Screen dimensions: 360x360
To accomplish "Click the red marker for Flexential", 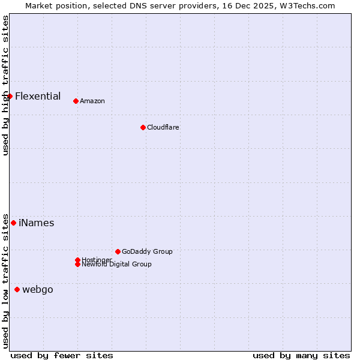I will click(10, 96).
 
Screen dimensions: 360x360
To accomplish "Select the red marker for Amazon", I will click(76, 101).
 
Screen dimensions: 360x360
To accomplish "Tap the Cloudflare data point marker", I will click(143, 127).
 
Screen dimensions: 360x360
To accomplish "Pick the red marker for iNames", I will click(13, 223).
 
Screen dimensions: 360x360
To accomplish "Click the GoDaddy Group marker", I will click(118, 251).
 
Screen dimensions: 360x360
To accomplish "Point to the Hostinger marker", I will click(77, 260).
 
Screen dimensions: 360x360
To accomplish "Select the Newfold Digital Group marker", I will click(77, 264).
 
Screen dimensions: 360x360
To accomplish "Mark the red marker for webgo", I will click(17, 289).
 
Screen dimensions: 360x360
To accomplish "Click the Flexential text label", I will click(38, 96).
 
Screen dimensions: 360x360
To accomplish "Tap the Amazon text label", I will click(92, 101).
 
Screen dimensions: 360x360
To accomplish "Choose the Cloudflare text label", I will click(163, 127).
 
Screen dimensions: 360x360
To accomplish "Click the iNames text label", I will click(37, 223).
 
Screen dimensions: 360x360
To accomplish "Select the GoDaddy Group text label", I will click(147, 251).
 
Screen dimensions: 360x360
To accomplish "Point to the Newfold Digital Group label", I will click(117, 265).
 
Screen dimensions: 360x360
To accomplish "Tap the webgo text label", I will click(38, 289).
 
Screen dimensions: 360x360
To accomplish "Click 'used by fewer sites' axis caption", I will click(62, 355).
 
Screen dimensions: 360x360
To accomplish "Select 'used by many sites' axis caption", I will click(301, 355).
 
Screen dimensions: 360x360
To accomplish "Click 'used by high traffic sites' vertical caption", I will click(5, 85).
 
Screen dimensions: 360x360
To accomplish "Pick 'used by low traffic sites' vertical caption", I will click(5, 280).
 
